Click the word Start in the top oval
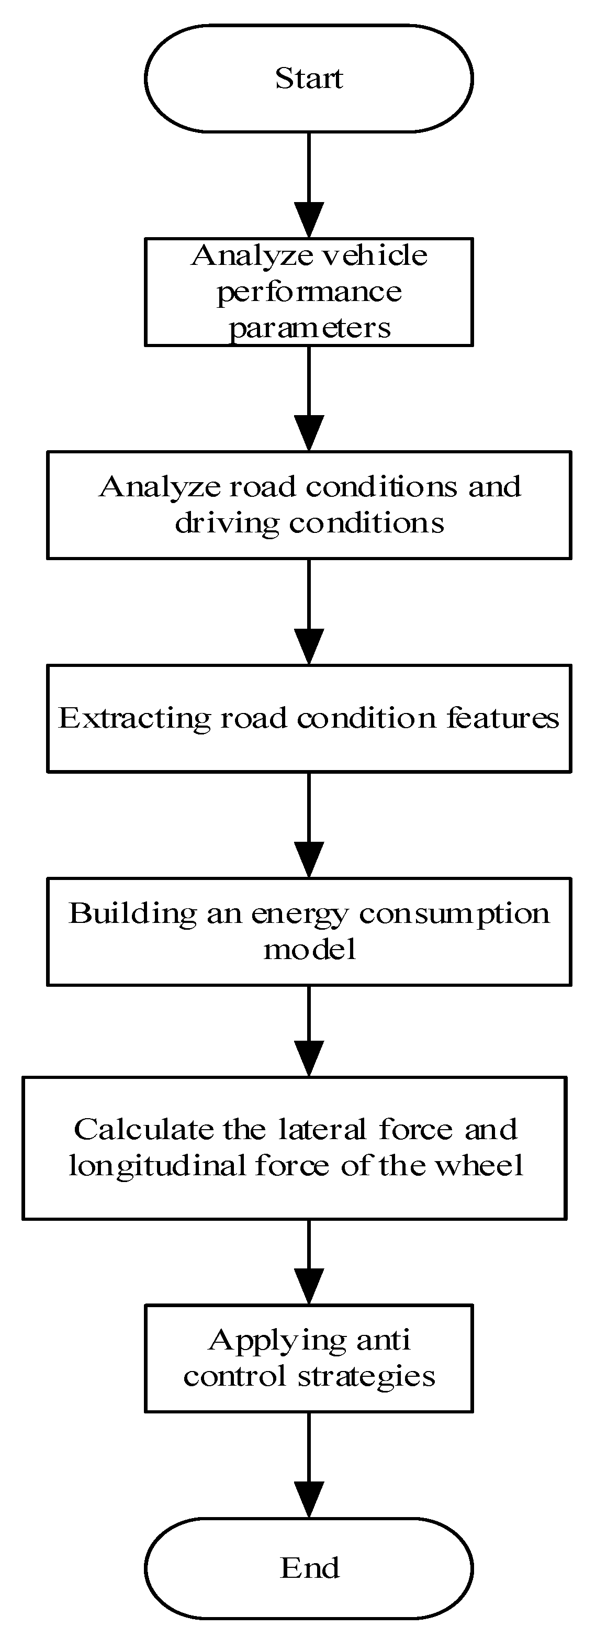309,79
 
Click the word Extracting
134,719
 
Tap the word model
309,950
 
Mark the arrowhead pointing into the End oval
309,1499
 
